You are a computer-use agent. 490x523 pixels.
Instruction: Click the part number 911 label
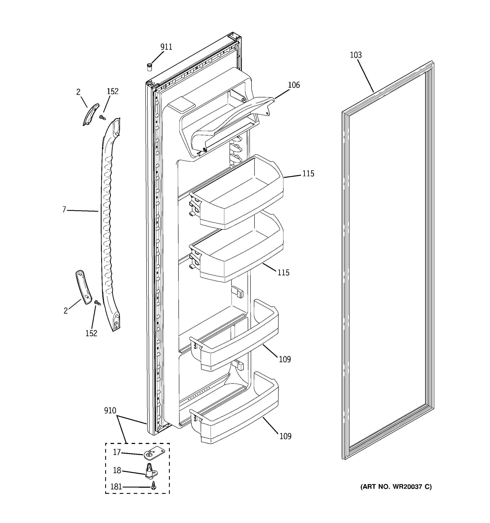166,47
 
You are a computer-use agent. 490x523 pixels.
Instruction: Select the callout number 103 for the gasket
356,55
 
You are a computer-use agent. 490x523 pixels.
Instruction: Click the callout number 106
294,85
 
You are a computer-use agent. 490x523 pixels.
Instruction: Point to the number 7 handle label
64,210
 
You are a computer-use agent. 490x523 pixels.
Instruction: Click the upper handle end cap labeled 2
90,115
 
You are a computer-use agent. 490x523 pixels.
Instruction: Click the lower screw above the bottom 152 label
97,303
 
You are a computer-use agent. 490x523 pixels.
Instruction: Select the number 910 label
110,411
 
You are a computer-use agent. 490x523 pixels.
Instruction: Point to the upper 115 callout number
308,174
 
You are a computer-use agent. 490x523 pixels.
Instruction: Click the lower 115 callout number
283,273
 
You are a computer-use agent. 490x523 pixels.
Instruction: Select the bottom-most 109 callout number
285,436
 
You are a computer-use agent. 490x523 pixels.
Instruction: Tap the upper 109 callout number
285,359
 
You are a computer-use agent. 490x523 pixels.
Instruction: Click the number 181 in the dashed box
116,487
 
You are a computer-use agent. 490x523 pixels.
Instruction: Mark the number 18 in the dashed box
117,470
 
